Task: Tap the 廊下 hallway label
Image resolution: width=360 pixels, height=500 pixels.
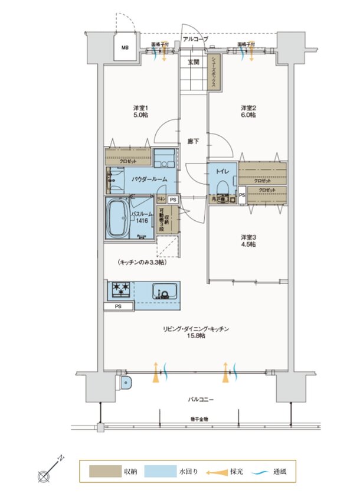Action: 193,141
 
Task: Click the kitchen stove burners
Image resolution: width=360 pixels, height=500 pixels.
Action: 122,290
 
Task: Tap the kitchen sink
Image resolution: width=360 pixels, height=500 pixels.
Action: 165,291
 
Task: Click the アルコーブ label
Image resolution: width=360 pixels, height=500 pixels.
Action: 195,38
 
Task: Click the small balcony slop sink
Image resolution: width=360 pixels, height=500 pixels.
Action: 125,382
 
